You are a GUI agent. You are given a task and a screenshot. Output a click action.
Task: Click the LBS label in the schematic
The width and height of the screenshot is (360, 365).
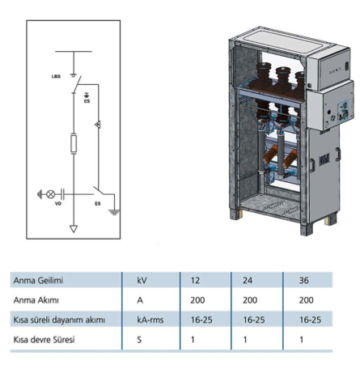tap(56, 76)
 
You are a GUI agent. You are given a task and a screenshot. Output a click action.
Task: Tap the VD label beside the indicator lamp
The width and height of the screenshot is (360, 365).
tap(58, 204)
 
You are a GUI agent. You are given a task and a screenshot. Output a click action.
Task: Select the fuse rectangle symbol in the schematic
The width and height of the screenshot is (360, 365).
tap(74, 144)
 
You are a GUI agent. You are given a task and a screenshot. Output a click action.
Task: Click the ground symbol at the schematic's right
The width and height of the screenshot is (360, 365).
tap(114, 212)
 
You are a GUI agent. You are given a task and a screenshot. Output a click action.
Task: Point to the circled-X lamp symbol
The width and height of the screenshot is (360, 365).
tap(51, 194)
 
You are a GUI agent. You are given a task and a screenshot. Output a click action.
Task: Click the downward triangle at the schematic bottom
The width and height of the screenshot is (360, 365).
tap(74, 229)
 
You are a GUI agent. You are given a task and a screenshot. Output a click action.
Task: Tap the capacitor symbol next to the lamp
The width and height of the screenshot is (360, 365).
tap(62, 194)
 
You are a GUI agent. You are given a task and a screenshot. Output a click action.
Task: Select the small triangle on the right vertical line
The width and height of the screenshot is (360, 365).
tap(98, 125)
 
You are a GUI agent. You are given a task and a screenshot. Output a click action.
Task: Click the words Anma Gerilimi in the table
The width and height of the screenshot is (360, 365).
tap(38, 280)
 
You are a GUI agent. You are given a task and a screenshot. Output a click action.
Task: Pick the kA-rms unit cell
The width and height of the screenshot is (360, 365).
tap(150, 320)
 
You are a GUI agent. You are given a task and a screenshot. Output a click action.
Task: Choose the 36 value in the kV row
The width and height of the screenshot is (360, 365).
tap(303, 280)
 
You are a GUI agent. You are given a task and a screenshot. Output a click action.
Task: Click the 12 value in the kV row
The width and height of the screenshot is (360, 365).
tap(195, 280)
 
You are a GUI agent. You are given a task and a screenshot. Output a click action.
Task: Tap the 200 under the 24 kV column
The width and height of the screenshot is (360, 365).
tap(250, 300)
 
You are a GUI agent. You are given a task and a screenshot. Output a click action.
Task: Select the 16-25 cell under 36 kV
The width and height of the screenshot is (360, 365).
tap(310, 320)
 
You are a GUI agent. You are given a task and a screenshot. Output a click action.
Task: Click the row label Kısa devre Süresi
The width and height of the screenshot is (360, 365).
tap(44, 340)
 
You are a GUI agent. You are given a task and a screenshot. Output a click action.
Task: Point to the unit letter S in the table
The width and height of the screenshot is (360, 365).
tap(139, 340)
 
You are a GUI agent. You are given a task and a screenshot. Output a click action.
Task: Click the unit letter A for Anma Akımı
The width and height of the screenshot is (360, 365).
tap(140, 300)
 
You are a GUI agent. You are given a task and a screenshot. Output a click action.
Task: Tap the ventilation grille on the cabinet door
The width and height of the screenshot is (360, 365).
tap(324, 159)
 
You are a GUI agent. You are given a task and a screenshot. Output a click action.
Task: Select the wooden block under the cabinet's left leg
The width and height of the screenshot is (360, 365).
tap(240, 213)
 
